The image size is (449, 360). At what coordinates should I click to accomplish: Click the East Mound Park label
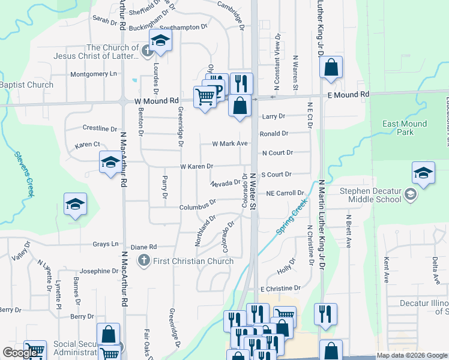click(405, 128)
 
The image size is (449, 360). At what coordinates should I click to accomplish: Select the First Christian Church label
click(194, 261)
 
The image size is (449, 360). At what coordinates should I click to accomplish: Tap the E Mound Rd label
click(348, 95)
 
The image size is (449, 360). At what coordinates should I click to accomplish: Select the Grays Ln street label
click(106, 244)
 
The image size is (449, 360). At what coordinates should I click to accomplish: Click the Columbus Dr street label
click(197, 207)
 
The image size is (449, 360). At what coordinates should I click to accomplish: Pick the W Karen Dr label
click(197, 166)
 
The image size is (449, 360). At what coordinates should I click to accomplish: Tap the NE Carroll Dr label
click(285, 194)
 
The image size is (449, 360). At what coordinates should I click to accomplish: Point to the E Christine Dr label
click(280, 289)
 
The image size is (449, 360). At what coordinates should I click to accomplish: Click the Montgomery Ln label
click(94, 74)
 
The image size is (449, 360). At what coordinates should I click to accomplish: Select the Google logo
click(20, 353)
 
